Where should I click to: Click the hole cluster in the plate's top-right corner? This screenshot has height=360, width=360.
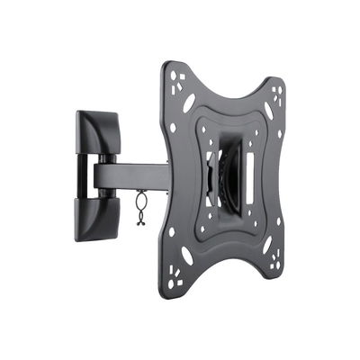[x=277, y=94]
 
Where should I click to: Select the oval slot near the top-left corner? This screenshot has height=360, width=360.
[x=189, y=103]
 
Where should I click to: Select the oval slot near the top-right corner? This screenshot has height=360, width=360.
[x=267, y=112]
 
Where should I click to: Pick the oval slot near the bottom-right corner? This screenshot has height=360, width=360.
[x=266, y=245]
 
